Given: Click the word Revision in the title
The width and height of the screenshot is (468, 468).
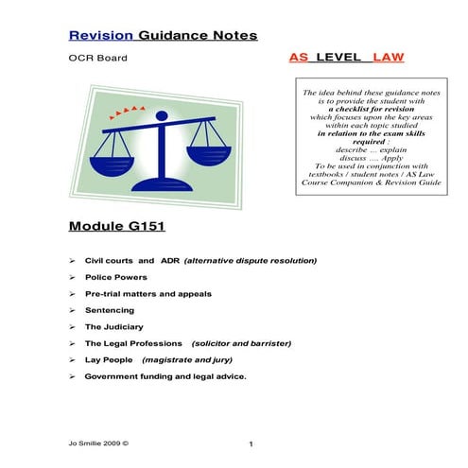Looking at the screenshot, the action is pyautogui.click(x=102, y=36).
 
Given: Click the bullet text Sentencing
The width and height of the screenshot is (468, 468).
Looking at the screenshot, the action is pyautogui.click(x=109, y=310).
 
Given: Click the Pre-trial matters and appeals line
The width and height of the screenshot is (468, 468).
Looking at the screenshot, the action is pyautogui.click(x=147, y=293).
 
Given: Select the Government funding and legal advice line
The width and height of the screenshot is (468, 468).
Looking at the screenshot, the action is pyautogui.click(x=165, y=376).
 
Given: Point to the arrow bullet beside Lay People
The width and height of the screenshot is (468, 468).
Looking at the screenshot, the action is pyautogui.click(x=73, y=360).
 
